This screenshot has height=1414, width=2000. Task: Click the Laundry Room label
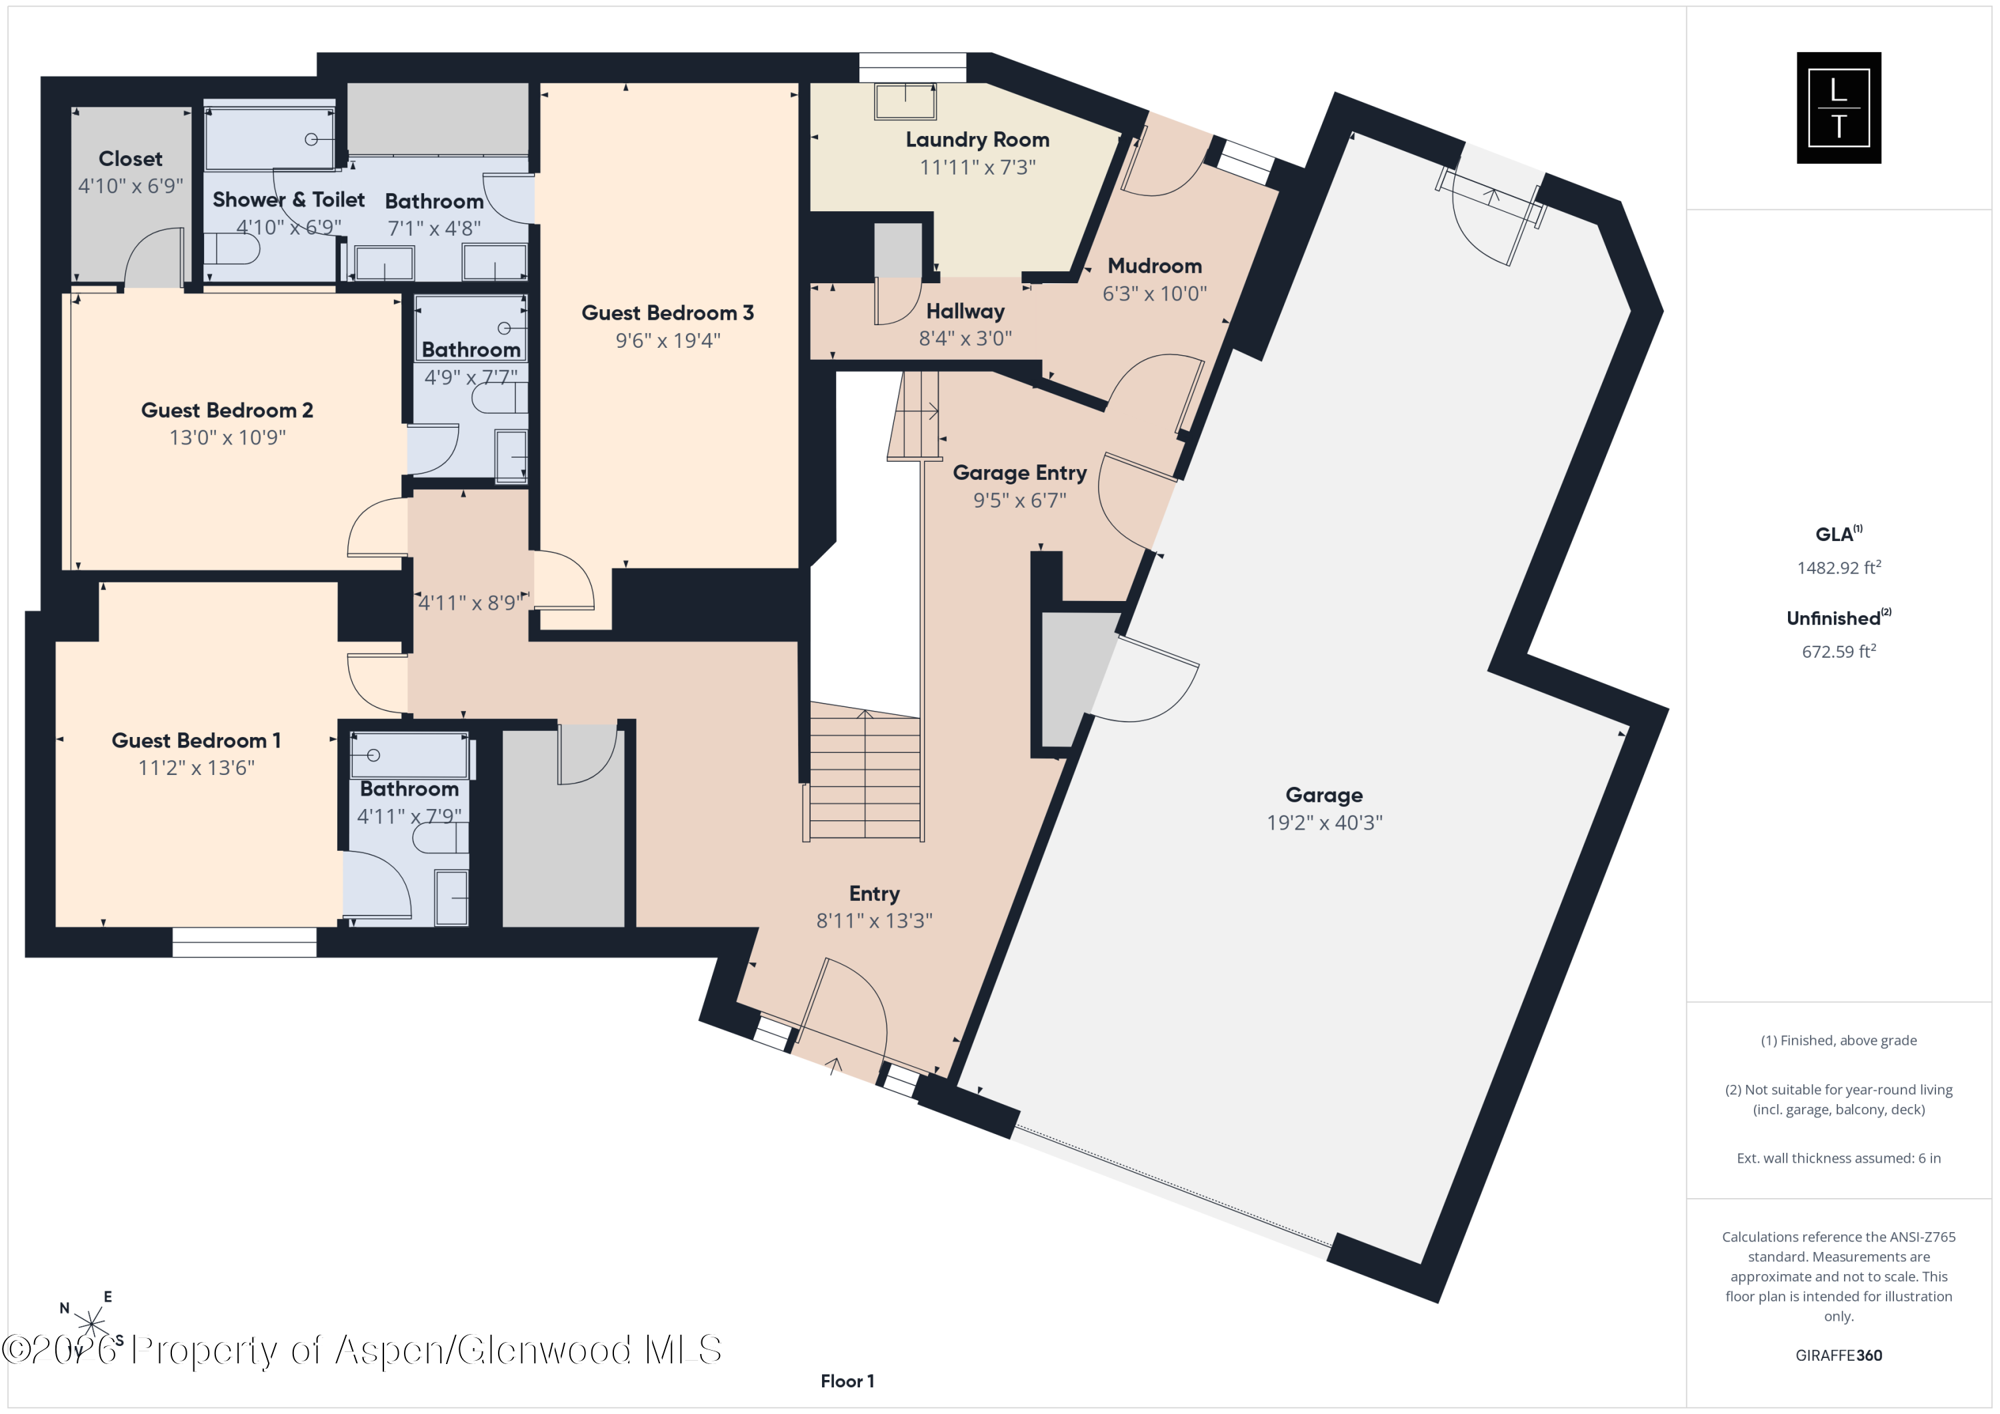(x=977, y=139)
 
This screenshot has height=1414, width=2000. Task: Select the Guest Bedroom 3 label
(x=667, y=313)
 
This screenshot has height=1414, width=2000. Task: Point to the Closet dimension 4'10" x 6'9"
(x=131, y=185)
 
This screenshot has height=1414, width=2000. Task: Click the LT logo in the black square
(x=1839, y=108)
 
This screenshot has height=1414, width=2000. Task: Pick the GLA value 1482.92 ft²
(x=1839, y=567)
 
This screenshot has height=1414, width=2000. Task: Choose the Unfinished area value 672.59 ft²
(x=1839, y=650)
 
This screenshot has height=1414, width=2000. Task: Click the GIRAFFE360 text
(x=1839, y=1355)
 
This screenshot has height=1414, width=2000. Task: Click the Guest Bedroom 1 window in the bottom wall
(x=244, y=942)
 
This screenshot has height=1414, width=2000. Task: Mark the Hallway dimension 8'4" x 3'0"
(x=965, y=338)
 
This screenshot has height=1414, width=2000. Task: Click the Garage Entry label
(x=1019, y=473)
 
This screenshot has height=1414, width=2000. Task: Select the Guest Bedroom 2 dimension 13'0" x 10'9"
(x=227, y=437)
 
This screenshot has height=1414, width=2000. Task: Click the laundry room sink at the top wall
(x=906, y=101)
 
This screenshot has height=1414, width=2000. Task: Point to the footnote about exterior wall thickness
(x=1839, y=1158)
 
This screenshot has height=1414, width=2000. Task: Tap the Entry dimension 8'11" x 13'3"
(x=874, y=920)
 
